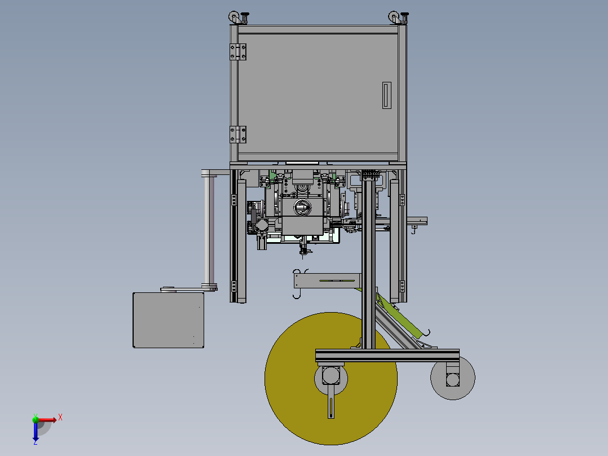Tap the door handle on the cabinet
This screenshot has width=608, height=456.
tap(386, 95)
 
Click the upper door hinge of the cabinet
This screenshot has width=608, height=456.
tap(238, 51)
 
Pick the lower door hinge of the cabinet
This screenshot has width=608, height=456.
tap(238, 135)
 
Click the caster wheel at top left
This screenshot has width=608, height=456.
tap(234, 17)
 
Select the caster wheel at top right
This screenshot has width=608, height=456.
tap(394, 17)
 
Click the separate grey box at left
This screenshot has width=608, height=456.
tap(168, 320)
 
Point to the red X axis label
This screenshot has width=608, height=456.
tap(60, 418)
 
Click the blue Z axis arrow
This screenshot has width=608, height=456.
tap(36, 430)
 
